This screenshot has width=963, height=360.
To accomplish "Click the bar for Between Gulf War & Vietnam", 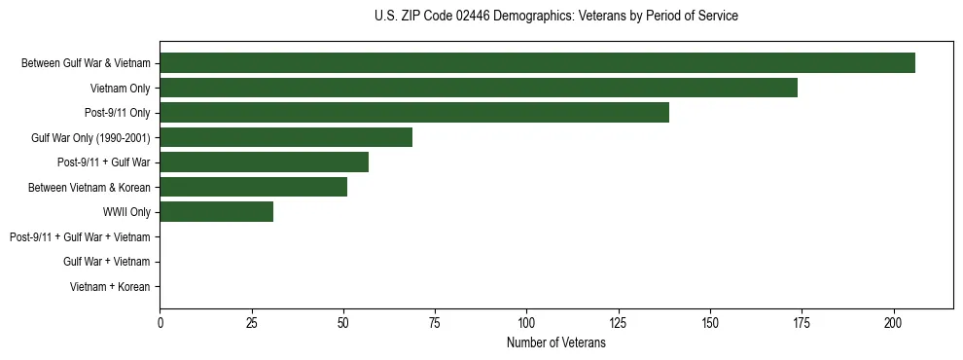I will pyautogui.click(x=537, y=63).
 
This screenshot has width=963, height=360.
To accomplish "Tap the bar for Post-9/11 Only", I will pyautogui.click(x=414, y=113).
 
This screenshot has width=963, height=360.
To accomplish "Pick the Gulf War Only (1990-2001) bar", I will pyautogui.click(x=286, y=137).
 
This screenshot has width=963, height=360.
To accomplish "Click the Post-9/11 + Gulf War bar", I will pyautogui.click(x=264, y=162).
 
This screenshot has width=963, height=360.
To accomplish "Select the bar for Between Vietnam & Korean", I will pyautogui.click(x=253, y=187).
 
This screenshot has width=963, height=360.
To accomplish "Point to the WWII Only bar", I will pyautogui.click(x=216, y=212).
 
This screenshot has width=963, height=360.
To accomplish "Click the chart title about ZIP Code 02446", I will pyautogui.click(x=555, y=17).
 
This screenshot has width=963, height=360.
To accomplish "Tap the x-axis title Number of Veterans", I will pyautogui.click(x=555, y=343).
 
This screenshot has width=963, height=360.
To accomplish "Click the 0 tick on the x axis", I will pyautogui.click(x=160, y=322).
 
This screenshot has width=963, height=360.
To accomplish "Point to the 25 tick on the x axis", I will pyautogui.click(x=252, y=322).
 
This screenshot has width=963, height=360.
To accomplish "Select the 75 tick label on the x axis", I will pyautogui.click(x=435, y=322).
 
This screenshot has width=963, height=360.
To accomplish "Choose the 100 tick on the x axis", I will pyautogui.click(x=527, y=322).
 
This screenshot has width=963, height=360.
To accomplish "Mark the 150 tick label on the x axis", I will pyautogui.click(x=710, y=322).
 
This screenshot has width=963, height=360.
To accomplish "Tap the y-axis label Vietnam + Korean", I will pyautogui.click(x=110, y=286).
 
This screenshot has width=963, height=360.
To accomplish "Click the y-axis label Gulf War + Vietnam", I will pyautogui.click(x=106, y=262).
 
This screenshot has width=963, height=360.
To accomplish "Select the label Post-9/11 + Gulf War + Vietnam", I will pyautogui.click(x=80, y=236).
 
